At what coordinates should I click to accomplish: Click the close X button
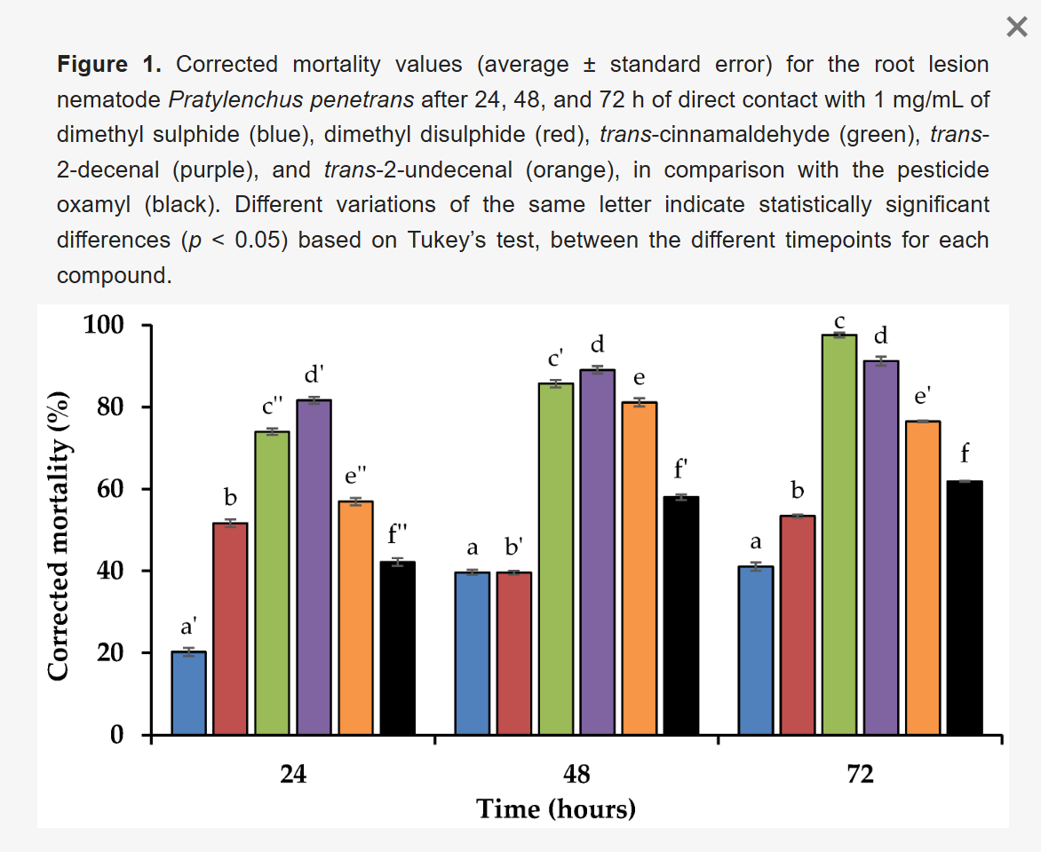[1016, 28]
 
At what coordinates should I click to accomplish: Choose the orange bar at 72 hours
[923, 578]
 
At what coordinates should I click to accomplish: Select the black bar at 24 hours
[397, 648]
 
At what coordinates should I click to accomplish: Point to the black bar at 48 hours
[681, 615]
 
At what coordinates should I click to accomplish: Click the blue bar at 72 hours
[756, 650]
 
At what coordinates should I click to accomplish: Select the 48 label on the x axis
[576, 775]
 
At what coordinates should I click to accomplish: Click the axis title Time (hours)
[556, 809]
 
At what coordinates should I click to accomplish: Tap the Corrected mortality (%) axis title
[59, 529]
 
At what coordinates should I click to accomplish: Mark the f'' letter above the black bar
[397, 536]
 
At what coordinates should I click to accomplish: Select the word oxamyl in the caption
[91, 204]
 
